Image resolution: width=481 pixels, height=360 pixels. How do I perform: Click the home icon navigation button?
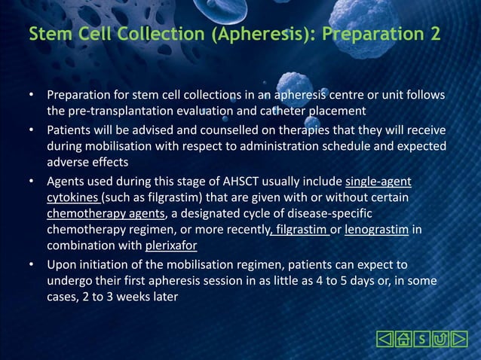[403, 339]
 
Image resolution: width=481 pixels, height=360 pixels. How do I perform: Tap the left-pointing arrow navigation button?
[384, 339]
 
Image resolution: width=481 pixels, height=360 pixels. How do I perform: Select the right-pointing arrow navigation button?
[459, 339]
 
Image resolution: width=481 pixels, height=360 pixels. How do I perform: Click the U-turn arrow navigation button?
[440, 339]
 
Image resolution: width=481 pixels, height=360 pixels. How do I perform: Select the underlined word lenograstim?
[376, 229]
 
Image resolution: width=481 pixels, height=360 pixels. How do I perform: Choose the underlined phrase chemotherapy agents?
[105, 213]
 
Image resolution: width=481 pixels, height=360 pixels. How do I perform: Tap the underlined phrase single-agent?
[378, 181]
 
